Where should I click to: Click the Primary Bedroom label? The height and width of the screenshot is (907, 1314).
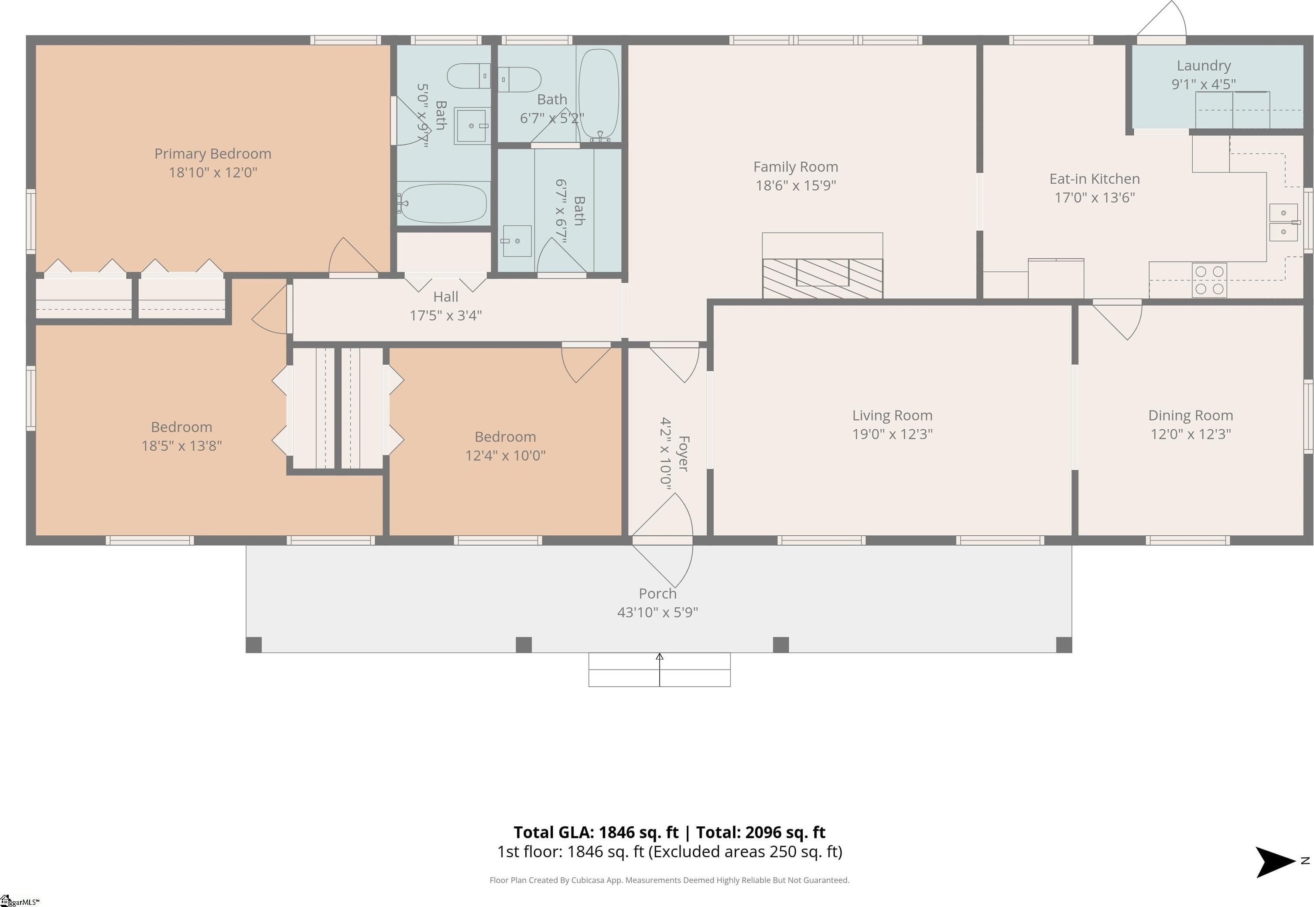(x=212, y=154)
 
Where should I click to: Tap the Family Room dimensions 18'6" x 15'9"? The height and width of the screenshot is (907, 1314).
(x=795, y=185)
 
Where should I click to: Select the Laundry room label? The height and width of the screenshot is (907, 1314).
(x=1204, y=66)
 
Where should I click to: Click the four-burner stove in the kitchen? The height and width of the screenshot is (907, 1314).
(x=1209, y=280)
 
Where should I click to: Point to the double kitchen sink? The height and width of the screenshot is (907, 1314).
(x=1283, y=222)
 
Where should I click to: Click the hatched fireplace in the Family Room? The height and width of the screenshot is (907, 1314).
(x=822, y=278)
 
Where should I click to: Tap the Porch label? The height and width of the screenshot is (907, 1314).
(x=657, y=594)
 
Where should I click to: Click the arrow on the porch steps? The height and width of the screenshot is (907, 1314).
(x=659, y=669)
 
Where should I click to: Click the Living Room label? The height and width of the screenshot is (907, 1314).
(x=892, y=415)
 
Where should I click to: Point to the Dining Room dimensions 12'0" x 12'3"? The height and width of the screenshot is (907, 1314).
(x=1190, y=434)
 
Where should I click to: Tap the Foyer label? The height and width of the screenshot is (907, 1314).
(x=684, y=454)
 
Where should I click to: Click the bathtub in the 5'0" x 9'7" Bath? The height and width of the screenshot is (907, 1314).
(x=442, y=203)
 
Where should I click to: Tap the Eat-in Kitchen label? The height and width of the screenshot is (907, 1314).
(x=1094, y=179)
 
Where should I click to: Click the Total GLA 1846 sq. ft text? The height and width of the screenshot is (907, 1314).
(x=596, y=832)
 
